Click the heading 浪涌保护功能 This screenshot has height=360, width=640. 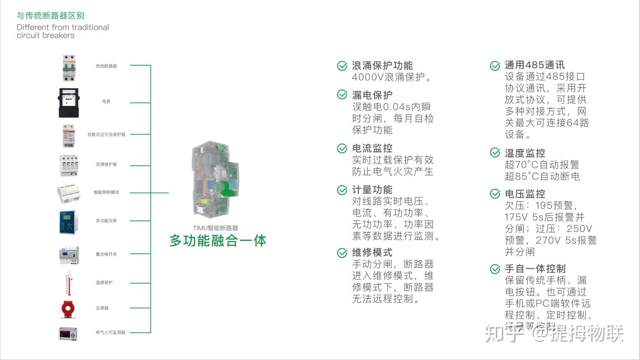pyautogui.click(x=382, y=66)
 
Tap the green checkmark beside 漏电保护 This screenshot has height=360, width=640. pyautogui.click(x=342, y=94)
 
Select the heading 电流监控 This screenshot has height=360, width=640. pyautogui.click(x=372, y=148)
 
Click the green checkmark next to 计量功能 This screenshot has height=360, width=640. pyautogui.click(x=342, y=190)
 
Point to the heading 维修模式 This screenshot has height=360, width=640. pyautogui.click(x=372, y=253)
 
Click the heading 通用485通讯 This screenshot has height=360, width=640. pyautogui.click(x=535, y=65)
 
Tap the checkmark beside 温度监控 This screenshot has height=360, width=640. pyautogui.click(x=495, y=153)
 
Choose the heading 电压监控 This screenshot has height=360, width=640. pyautogui.click(x=525, y=194)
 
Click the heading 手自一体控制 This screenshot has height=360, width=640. pyautogui.click(x=535, y=269)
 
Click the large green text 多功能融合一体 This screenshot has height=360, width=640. pyautogui.click(x=218, y=240)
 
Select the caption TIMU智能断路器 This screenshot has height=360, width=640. pyautogui.click(x=215, y=228)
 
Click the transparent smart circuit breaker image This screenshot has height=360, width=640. pyautogui.click(x=215, y=178)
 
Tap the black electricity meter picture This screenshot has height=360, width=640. pyautogui.click(x=68, y=103)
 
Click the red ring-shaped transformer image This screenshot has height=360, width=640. pyautogui.click(x=68, y=309)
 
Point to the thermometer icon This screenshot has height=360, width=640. pyautogui.click(x=69, y=283)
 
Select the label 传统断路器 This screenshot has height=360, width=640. pyautogui.click(x=106, y=66)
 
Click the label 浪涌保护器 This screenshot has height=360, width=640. pyautogui.click(x=106, y=164)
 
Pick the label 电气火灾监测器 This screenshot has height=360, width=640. pyautogui.click(x=110, y=333)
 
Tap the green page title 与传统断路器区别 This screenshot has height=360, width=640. pyautogui.click(x=51, y=16)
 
